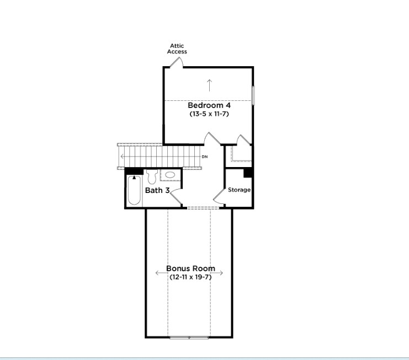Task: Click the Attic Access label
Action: [177, 49]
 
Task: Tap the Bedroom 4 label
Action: [209, 105]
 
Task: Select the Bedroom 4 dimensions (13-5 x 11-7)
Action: [209, 114]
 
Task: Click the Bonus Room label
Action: [190, 268]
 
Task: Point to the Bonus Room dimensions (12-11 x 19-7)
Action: [190, 277]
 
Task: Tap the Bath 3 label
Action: [157, 190]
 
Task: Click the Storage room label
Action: [239, 190]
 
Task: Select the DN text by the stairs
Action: [205, 157]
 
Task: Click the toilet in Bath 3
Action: [152, 176]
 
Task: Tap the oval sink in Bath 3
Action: [170, 175]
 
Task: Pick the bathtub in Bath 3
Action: [134, 190]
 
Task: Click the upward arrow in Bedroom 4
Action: [209, 85]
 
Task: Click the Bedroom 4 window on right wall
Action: [253, 95]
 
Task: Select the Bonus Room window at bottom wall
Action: [189, 338]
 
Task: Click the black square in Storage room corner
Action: [248, 173]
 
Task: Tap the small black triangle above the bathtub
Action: [134, 178]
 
